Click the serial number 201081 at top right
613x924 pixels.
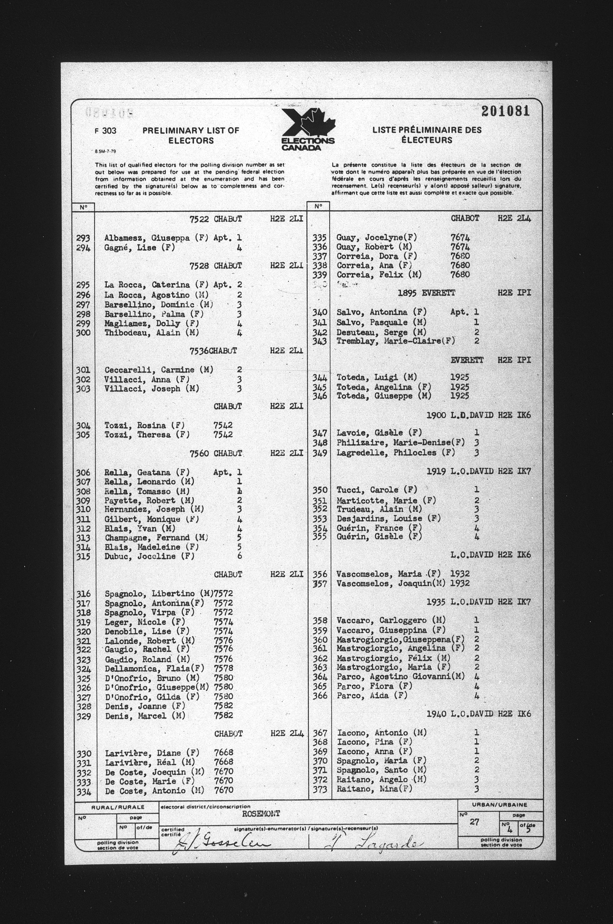tap(505, 111)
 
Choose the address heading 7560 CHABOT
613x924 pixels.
tap(216, 454)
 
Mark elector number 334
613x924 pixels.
tap(84, 790)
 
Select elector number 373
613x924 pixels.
tap(320, 789)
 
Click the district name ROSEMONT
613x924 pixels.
tap(261, 814)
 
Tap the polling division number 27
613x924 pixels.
tap(474, 822)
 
